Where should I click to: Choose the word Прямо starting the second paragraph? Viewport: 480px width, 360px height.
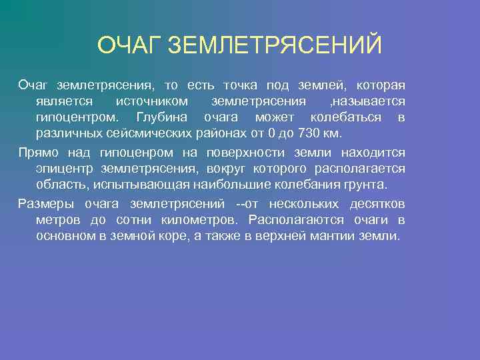(x=36, y=153)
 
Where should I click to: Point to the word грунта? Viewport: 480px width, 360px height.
(x=367, y=185)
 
